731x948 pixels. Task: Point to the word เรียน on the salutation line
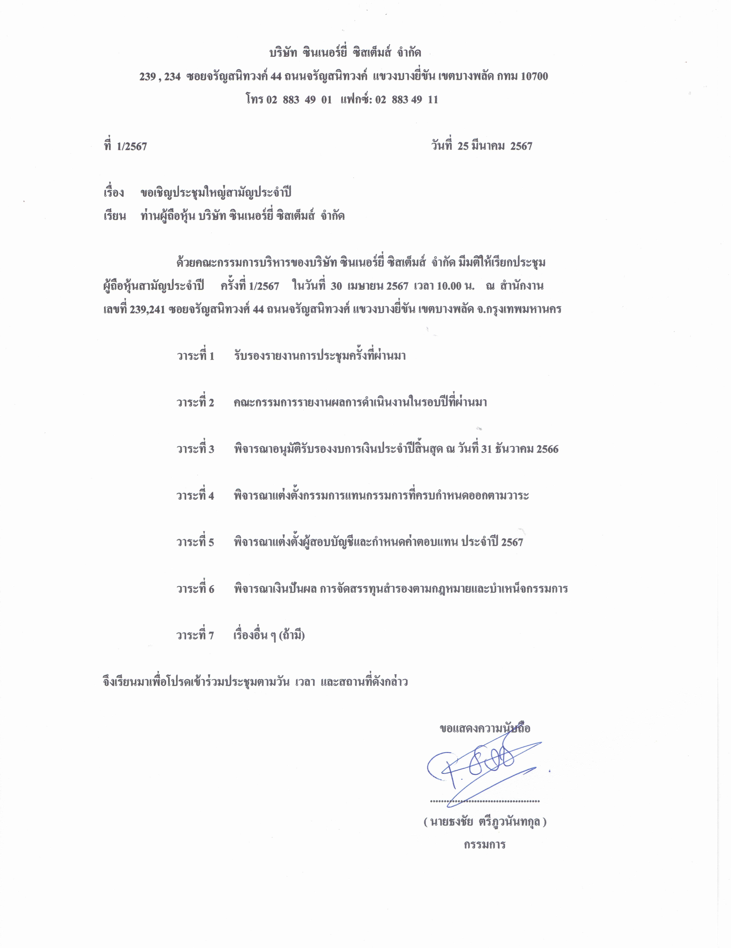click(x=115, y=216)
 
